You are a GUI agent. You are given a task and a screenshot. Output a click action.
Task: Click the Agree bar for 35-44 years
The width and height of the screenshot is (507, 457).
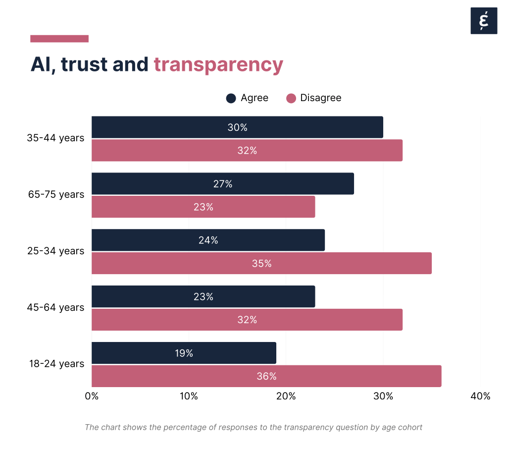[x=237, y=127]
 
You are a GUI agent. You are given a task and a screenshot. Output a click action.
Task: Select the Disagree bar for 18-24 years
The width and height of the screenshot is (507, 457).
[x=266, y=376]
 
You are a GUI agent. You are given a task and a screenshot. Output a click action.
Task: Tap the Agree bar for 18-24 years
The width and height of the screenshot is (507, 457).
[x=184, y=353]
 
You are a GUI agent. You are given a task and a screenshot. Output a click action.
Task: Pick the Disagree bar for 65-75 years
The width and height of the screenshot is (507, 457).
[x=203, y=207]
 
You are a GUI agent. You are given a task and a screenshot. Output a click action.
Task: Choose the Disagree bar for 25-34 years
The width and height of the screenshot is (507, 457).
[x=261, y=263]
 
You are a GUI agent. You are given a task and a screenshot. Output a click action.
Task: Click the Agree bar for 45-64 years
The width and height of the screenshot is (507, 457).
[x=203, y=296]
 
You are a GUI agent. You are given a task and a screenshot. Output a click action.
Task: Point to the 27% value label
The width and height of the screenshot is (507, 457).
[x=223, y=184]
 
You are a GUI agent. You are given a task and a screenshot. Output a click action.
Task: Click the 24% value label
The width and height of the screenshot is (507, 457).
[x=208, y=240]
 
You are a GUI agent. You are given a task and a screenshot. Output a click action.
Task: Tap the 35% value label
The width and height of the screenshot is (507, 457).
[x=262, y=263]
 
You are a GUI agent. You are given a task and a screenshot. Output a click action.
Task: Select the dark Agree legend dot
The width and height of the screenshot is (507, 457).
[x=231, y=98]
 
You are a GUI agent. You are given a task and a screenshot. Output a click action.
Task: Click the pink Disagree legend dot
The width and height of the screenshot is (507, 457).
[x=291, y=98]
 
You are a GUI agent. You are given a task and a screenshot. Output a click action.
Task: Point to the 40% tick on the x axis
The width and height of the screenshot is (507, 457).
[x=480, y=396]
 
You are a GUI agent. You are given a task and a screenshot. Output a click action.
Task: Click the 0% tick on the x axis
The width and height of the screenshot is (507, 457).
[x=92, y=396]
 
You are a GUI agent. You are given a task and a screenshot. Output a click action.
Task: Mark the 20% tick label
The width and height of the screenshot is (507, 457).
[x=286, y=396]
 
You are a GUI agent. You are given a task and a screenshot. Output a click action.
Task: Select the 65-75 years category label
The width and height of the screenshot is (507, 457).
[x=55, y=194]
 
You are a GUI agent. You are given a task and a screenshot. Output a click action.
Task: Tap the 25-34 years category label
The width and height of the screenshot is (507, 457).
[x=55, y=251]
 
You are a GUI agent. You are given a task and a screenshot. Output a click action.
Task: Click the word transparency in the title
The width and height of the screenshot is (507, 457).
[x=218, y=65]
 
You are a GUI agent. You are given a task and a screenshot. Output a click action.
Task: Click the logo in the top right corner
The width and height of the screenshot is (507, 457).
[x=484, y=21]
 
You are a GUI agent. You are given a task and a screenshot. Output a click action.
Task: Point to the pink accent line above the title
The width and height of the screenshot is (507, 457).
[x=59, y=39]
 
